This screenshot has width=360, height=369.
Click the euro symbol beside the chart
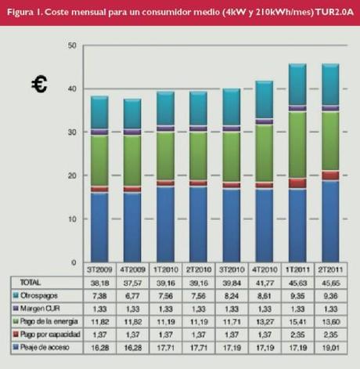39,85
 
